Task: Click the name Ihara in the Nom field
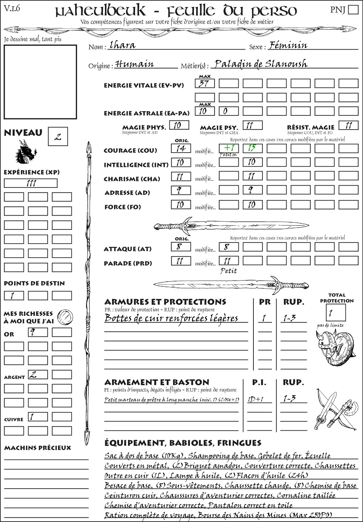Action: point(122,45)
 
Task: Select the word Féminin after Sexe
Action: point(288,45)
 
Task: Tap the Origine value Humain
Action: point(135,64)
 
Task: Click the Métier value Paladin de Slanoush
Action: point(261,64)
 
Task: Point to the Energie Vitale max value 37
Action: point(205,84)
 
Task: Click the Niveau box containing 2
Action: point(58,137)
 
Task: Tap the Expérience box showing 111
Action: point(30,183)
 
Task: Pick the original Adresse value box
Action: point(181,191)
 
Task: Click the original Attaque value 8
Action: point(181,247)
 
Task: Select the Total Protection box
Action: point(335,313)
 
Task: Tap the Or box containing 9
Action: point(38,332)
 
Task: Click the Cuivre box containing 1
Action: point(38,417)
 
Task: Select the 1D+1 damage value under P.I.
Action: point(256,399)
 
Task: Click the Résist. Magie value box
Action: point(348,125)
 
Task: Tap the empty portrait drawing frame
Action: point(40,82)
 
